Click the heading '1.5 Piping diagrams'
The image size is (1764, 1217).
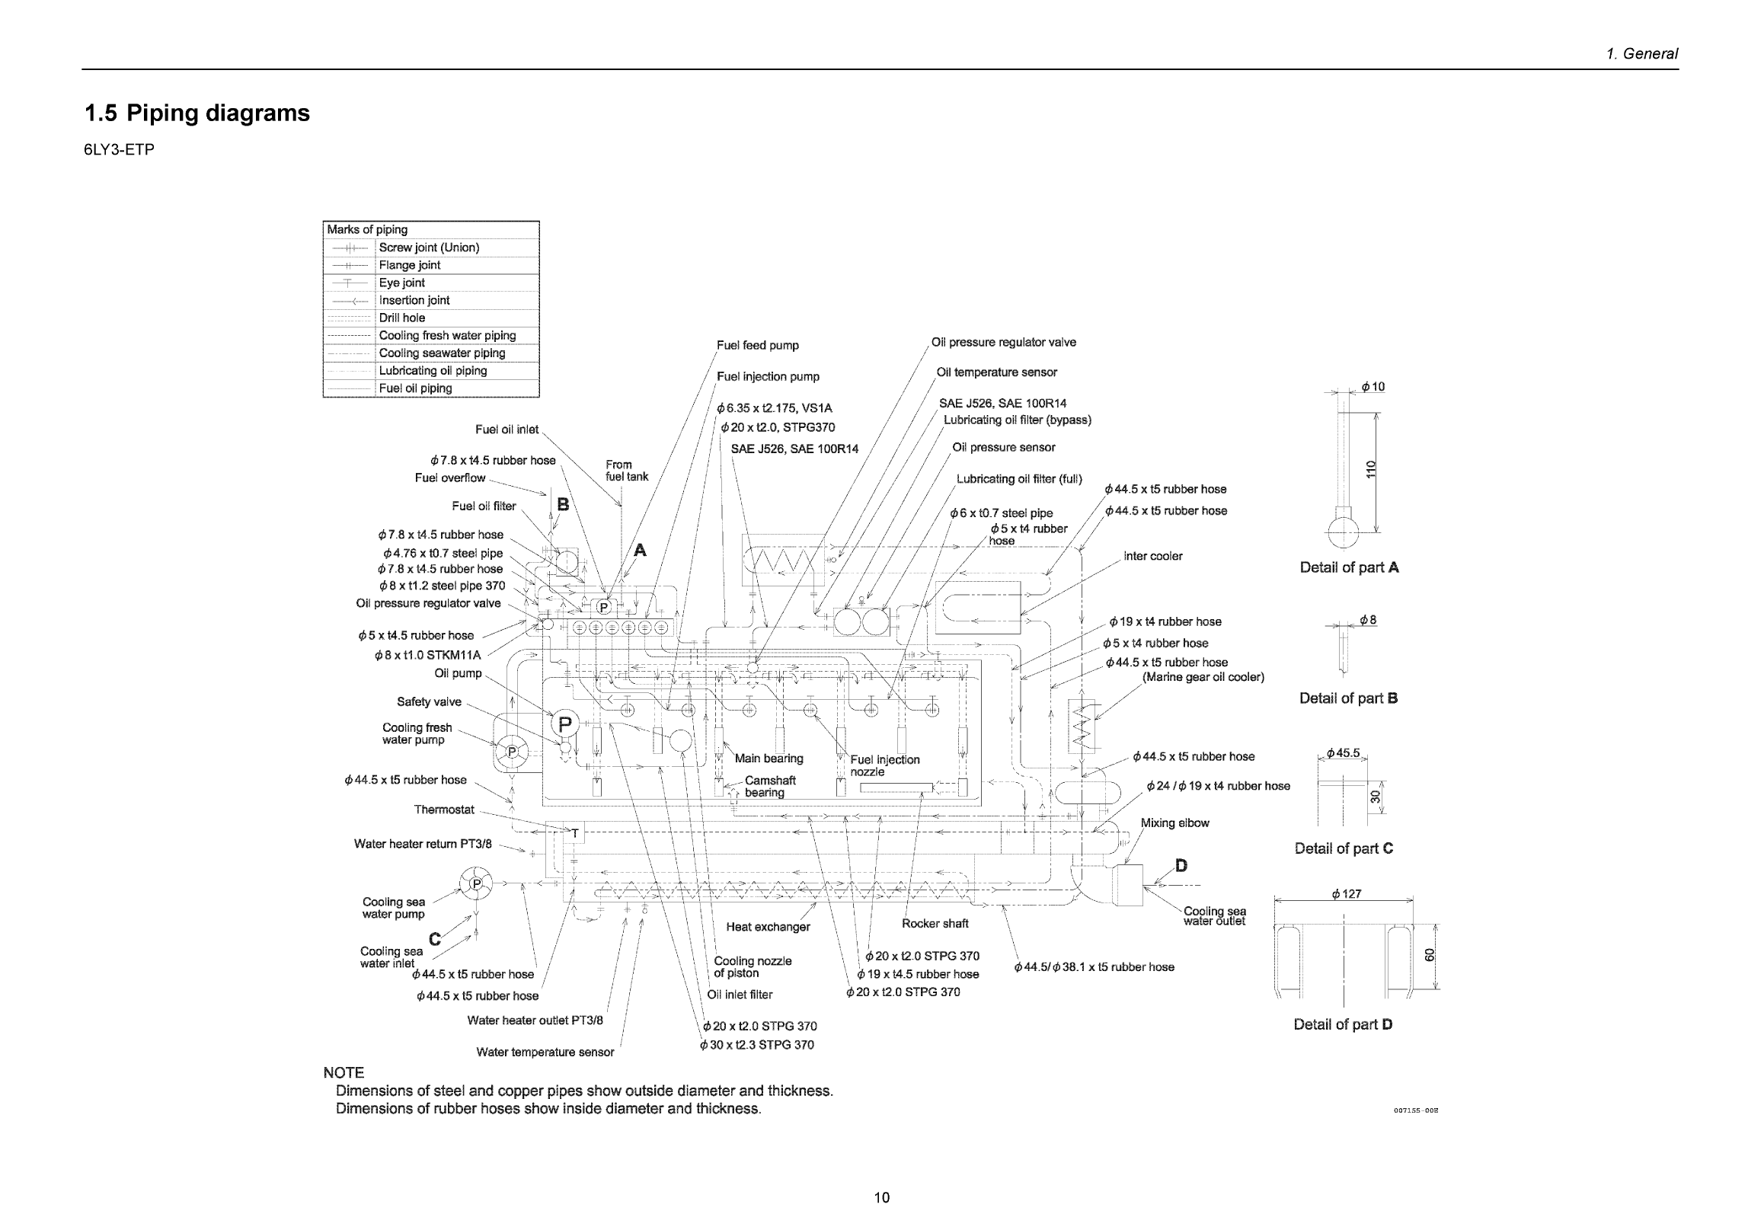click(197, 113)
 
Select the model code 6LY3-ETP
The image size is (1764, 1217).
click(119, 149)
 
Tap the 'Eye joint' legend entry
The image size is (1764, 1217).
click(402, 283)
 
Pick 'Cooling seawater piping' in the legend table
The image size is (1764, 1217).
click(442, 353)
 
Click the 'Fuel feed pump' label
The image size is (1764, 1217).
click(757, 346)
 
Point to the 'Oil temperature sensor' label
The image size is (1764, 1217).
click(996, 372)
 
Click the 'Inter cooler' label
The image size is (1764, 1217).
click(1152, 556)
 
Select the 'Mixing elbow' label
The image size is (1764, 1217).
click(1174, 823)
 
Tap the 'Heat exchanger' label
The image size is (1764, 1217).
click(768, 927)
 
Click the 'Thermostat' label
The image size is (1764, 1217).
click(444, 810)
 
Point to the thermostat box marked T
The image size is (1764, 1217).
click(575, 833)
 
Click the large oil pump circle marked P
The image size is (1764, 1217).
click(565, 724)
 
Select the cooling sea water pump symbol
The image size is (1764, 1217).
click(477, 883)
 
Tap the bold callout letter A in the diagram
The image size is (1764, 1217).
click(640, 550)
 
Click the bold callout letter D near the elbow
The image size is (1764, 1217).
click(1181, 864)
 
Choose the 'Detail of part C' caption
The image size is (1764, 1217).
click(1343, 848)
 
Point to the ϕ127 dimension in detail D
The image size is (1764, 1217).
click(1346, 893)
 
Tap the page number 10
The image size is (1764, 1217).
click(881, 1197)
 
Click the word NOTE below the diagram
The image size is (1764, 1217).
click(344, 1072)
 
